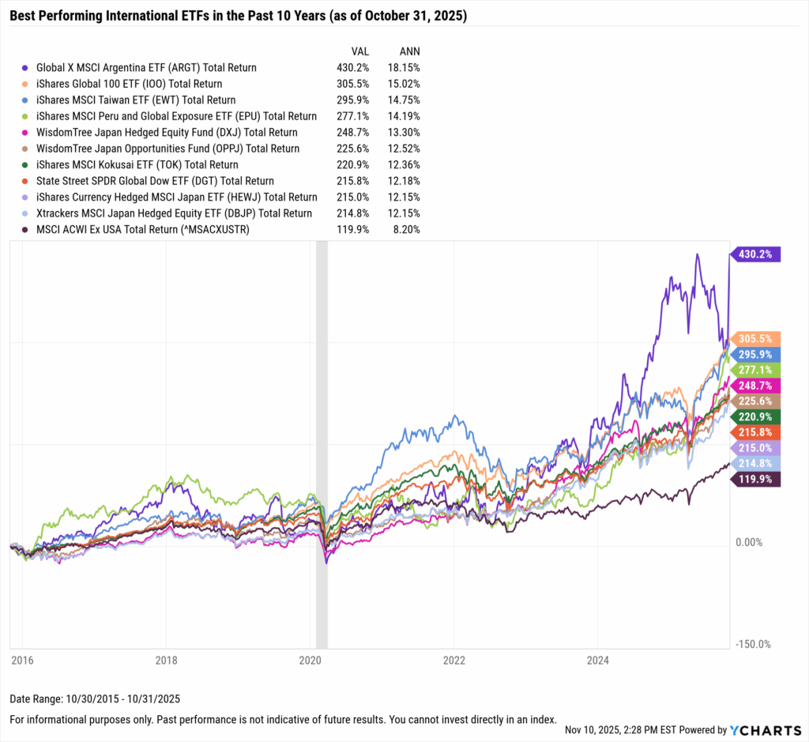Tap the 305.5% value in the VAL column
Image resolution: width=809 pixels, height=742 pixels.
(x=352, y=84)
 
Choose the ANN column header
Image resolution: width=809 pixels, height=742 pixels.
(x=408, y=51)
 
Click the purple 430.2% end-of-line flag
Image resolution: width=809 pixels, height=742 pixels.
(x=757, y=254)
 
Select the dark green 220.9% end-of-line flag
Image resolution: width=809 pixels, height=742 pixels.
(x=757, y=415)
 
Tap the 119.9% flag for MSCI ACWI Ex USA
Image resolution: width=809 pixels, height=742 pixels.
(x=757, y=479)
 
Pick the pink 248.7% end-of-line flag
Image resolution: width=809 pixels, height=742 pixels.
(x=757, y=385)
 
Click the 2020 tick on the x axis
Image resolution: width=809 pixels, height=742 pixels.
(x=310, y=660)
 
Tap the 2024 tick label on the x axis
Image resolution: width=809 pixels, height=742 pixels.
(x=597, y=660)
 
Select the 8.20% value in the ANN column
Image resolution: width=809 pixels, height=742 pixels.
(x=407, y=229)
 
